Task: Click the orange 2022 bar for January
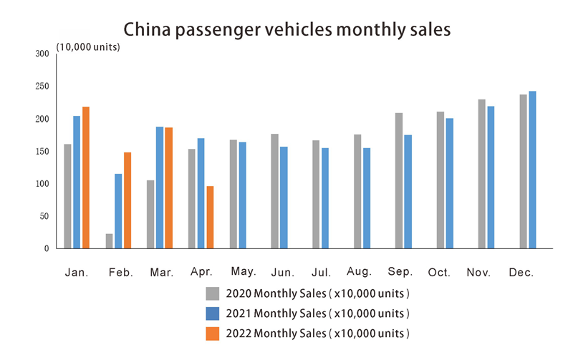coord(86,177)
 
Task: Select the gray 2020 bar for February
coord(109,240)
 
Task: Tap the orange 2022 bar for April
coord(211,217)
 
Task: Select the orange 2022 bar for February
coord(127,200)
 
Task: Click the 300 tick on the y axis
coord(42,54)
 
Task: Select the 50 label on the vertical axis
coord(44,216)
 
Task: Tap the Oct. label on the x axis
coord(439,273)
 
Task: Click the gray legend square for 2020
coord(212,293)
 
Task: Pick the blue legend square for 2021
coord(212,313)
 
